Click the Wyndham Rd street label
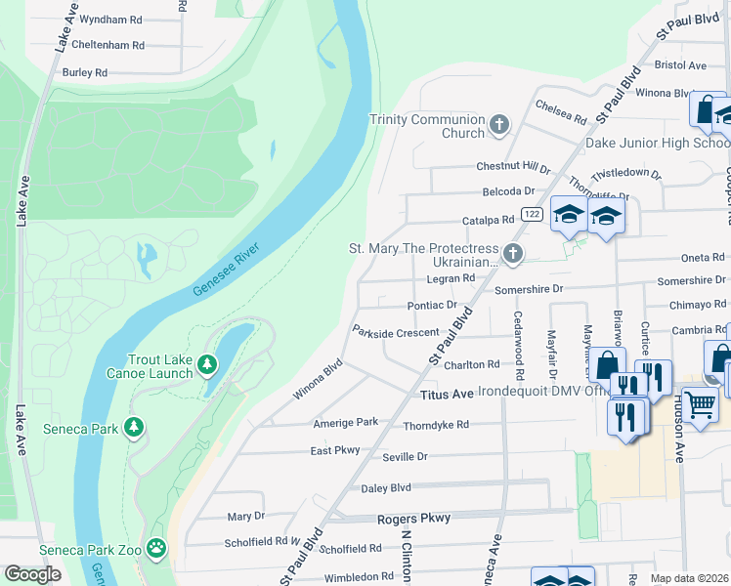pos(110,20)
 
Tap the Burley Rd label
pos(85,72)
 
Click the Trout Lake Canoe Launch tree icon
pos(206,365)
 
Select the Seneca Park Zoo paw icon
pos(156,548)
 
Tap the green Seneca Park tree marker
pos(134,428)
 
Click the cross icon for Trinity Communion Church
pos(499,124)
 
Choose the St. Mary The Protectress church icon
pos(511,255)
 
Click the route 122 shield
pos(531,214)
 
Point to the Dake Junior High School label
pos(657,144)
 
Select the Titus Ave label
pos(446,394)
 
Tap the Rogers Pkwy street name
pos(421,518)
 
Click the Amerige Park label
pos(345,422)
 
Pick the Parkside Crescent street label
pos(396,333)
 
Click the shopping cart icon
pos(700,404)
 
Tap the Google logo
pos(32,574)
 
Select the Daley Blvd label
pos(386,487)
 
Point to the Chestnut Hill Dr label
pos(513,167)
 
